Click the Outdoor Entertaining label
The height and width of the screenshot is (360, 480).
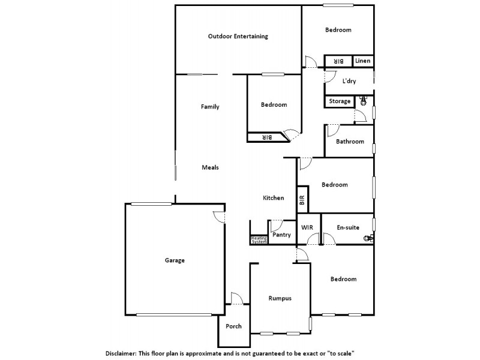point(238,37)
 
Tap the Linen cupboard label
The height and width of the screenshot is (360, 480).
point(362,61)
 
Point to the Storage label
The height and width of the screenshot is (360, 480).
point(340,101)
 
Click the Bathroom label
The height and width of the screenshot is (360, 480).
point(350,142)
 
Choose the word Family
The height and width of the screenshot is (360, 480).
point(210,107)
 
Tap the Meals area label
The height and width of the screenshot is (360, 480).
point(210,167)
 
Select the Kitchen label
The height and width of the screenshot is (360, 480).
point(274,198)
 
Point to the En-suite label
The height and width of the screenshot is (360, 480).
point(348,228)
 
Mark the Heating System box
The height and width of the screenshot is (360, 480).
point(259,239)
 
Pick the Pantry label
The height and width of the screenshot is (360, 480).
point(281,235)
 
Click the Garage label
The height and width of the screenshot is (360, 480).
point(175,260)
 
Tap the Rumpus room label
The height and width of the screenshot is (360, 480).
point(280,298)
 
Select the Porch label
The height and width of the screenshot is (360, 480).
point(233,326)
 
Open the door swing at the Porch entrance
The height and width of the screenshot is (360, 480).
point(236,299)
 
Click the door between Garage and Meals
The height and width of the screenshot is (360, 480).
point(220,218)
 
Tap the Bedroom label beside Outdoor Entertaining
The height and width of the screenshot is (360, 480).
point(338,30)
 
